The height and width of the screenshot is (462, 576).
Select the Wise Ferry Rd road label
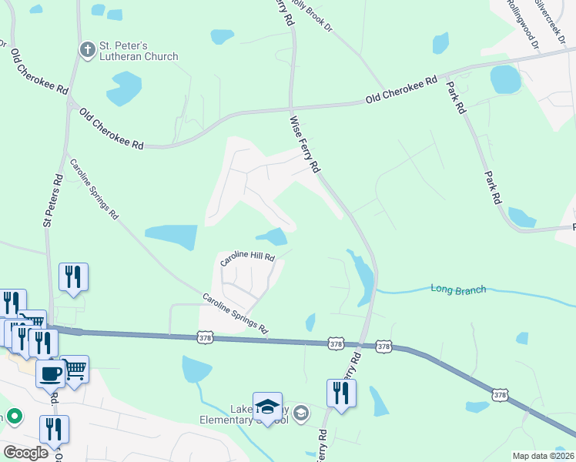pyautogui.click(x=305, y=143)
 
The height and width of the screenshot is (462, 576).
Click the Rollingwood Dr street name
pyautogui.click(x=521, y=22)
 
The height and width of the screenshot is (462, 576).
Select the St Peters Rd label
pyautogui.click(x=52, y=199)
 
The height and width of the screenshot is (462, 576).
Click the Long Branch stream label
pyautogui.click(x=459, y=290)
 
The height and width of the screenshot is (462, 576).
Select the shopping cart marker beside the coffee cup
pyautogui.click(x=75, y=369)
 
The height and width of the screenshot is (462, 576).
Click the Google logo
pyautogui.click(x=25, y=453)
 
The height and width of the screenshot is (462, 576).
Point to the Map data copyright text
pyautogui.click(x=544, y=456)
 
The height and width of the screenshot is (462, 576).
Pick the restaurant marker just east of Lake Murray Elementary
pyautogui.click(x=341, y=393)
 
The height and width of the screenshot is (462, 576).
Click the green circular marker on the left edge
pyautogui.click(x=13, y=417)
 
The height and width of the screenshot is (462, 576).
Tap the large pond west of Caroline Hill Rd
pyautogui.click(x=171, y=236)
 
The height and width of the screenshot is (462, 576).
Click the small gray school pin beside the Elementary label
pyautogui.click(x=301, y=414)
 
